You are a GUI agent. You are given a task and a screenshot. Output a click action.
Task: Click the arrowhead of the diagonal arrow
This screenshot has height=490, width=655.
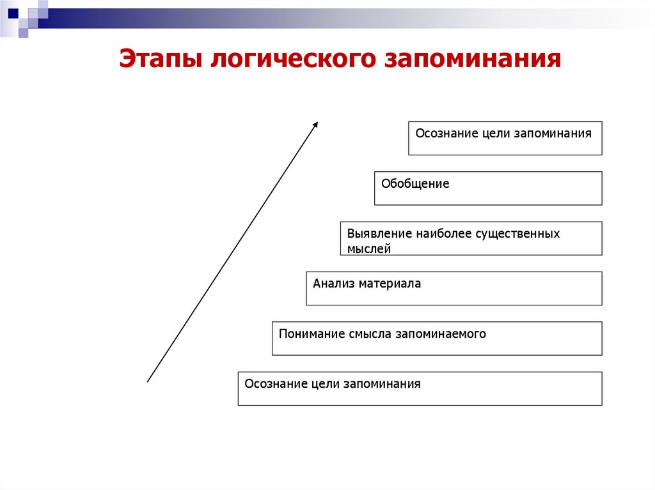click(315, 124)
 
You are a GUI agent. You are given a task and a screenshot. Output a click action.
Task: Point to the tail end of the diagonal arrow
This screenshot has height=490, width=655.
click(148, 381)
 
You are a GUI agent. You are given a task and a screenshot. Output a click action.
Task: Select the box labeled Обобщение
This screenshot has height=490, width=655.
click(488, 188)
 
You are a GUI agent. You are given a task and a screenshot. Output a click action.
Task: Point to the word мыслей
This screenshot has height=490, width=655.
click(369, 249)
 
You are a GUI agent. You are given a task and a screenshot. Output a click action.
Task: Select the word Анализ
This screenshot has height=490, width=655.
click(333, 284)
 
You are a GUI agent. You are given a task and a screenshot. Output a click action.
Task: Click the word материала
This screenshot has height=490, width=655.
click(390, 284)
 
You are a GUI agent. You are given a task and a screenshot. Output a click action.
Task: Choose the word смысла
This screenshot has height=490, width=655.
click(371, 333)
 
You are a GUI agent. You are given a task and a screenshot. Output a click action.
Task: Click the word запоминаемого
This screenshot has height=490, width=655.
click(441, 333)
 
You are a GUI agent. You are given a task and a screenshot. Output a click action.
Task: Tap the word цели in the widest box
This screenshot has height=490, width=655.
click(326, 384)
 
